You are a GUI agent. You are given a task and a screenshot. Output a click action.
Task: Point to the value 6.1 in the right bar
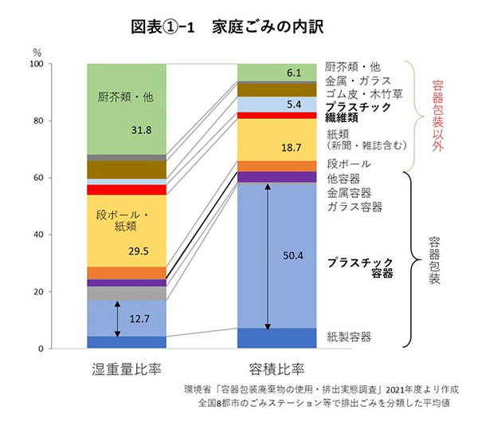point(294,73)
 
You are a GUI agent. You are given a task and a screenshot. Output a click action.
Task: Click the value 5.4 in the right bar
point(294,104)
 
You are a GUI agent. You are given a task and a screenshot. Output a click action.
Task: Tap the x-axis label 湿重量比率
point(126,370)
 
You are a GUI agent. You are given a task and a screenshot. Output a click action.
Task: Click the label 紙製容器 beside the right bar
point(349,337)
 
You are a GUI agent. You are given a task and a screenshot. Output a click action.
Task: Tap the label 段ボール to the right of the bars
point(349,164)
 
